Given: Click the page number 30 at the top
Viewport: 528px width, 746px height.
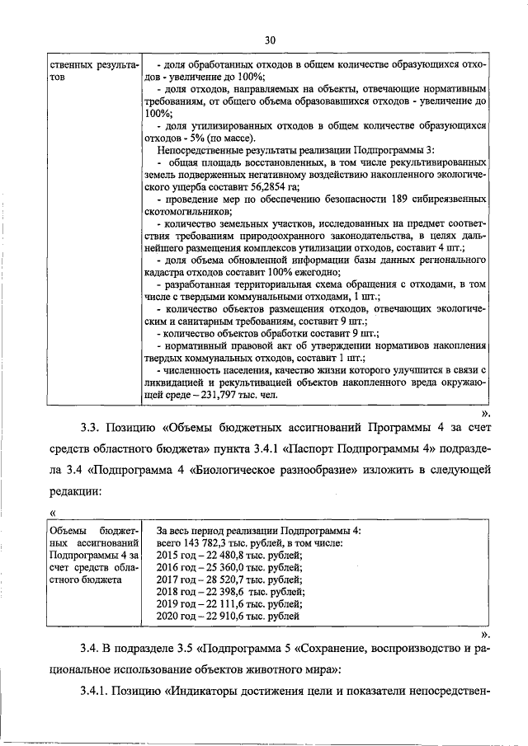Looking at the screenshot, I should coord(269,39).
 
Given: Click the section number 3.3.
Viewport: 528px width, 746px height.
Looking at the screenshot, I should coord(92,428).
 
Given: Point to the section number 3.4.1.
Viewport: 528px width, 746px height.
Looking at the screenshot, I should coord(98,689).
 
